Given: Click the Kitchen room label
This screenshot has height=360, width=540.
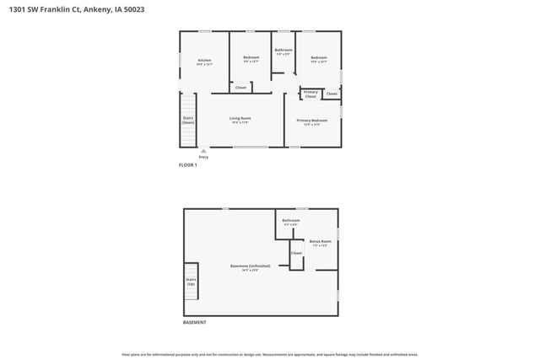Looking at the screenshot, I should [204, 62].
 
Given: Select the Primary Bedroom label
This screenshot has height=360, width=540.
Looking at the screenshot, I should [311, 121].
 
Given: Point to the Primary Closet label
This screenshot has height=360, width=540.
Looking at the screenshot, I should [310, 94].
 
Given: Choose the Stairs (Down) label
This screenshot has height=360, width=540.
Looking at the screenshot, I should [188, 121].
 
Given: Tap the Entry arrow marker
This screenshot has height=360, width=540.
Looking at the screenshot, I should [202, 151].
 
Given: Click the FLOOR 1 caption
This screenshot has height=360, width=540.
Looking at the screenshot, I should [187, 165].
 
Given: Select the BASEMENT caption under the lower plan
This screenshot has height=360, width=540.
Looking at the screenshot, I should [194, 323].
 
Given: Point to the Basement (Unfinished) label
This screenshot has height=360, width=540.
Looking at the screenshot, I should [250, 267].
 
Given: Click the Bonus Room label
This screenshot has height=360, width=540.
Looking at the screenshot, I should [320, 243].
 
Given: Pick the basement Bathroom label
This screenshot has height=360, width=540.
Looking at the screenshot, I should [291, 222].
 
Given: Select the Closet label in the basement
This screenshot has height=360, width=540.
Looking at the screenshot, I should [296, 253].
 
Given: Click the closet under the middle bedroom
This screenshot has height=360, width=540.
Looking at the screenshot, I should [240, 88].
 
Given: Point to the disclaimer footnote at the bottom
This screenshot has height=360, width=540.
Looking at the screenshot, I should [270, 355].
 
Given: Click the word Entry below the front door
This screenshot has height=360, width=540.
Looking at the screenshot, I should [202, 158].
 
